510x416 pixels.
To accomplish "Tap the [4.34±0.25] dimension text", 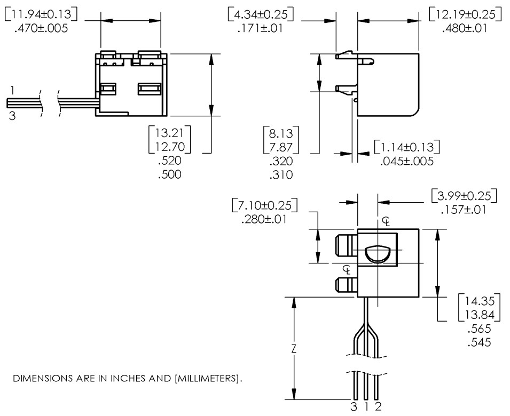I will (x=260, y=14).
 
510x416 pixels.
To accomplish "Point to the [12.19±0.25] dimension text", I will (x=465, y=14).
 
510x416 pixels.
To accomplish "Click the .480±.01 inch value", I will (x=465, y=28).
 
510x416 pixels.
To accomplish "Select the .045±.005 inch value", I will (x=407, y=161).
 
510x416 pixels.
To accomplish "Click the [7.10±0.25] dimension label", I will (x=265, y=205).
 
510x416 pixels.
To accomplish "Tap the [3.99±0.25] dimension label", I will (x=464, y=196).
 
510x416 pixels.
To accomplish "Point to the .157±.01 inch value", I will (x=464, y=210).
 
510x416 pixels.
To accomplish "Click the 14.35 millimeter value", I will (x=479, y=300).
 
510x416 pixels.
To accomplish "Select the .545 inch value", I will (x=479, y=342).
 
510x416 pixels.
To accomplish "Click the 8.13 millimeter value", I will (x=281, y=133).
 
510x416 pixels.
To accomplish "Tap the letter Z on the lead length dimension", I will (x=293, y=349).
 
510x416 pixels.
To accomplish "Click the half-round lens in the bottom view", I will (x=378, y=254).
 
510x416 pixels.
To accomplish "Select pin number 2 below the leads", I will (x=378, y=408).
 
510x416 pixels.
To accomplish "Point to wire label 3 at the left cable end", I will (x=12, y=115).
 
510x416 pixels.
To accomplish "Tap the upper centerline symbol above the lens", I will (x=386, y=221).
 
